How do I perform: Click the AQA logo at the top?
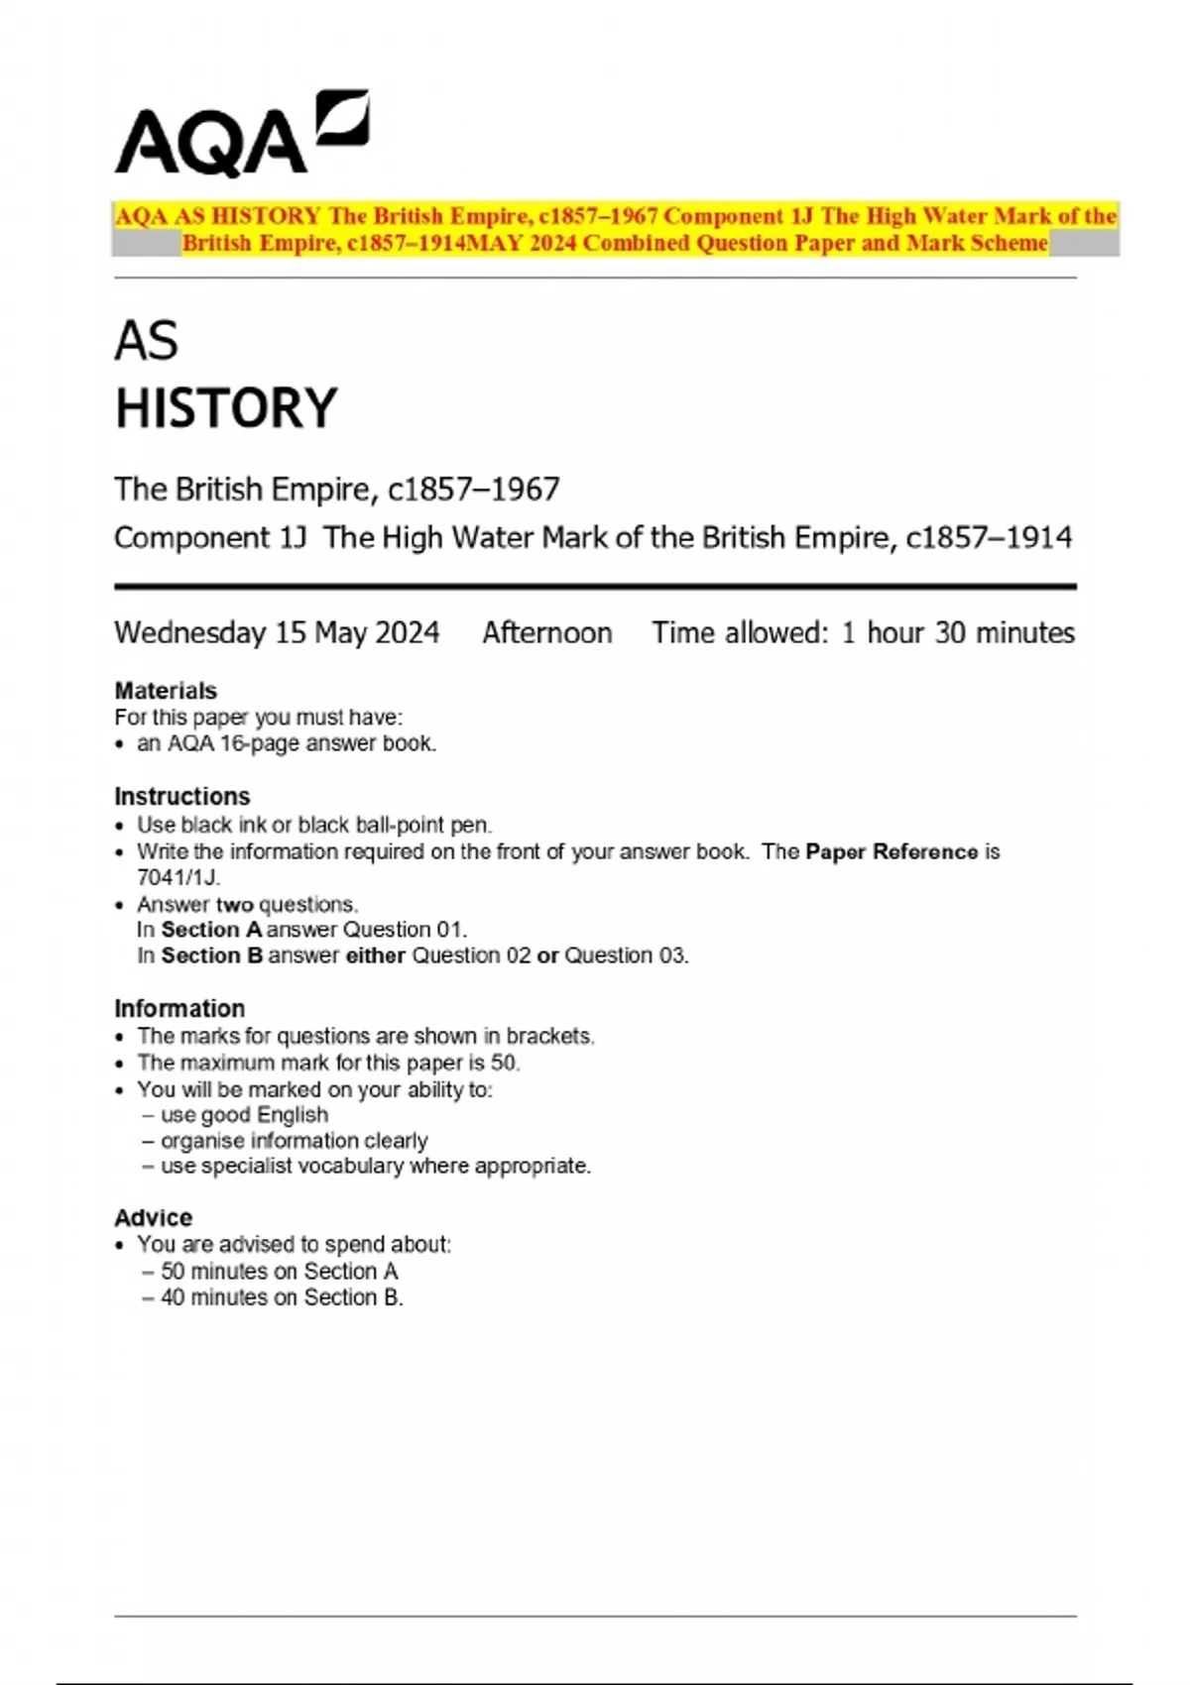241,135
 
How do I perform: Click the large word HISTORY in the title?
226,408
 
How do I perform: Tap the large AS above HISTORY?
146,342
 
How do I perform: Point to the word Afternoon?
546,632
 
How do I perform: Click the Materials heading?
166,690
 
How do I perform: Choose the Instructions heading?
182,796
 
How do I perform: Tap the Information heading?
179,1008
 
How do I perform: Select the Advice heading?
154,1217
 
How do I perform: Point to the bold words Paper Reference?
892,851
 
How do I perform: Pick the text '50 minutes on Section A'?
279,1271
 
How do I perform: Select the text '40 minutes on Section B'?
282,1297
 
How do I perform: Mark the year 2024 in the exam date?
405,632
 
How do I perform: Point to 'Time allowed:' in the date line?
739,632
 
